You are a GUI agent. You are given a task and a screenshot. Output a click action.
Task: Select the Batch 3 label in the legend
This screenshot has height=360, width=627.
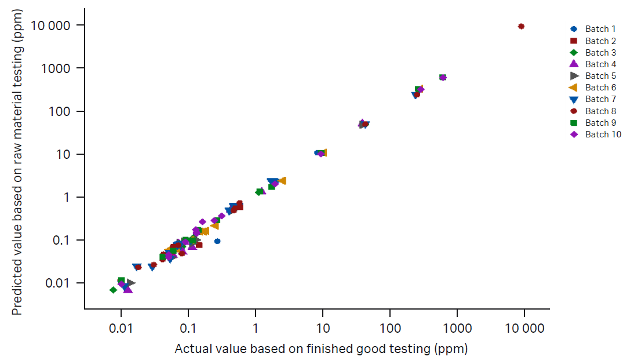596,53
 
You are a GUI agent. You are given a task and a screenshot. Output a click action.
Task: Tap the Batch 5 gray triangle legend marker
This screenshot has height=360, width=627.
574,76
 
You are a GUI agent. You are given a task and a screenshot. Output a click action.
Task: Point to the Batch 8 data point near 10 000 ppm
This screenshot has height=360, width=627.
521,27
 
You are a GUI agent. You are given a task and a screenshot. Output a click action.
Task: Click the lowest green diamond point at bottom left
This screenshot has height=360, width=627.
113,290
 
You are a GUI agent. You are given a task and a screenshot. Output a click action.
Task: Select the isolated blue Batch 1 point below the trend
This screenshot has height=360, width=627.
217,241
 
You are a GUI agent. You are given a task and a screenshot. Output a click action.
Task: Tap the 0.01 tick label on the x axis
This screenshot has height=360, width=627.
121,329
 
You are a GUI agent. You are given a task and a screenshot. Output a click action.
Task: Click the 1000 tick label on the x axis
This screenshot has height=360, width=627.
457,329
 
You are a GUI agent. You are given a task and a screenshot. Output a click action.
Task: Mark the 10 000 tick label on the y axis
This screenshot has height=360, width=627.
52,26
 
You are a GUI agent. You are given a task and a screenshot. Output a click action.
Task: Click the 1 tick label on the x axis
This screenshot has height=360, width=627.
256,329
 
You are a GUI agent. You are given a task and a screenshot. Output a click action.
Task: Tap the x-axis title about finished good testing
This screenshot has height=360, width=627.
321,349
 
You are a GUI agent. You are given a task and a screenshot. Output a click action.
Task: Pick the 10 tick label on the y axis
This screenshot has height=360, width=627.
64,154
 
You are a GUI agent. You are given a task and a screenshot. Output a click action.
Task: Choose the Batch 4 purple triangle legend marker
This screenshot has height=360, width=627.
574,64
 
